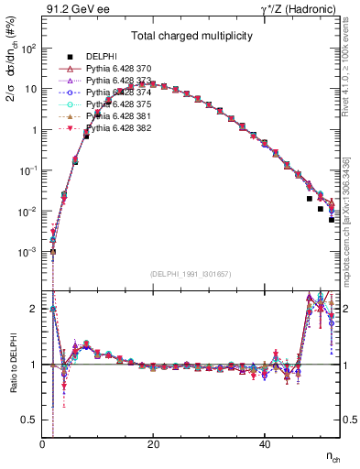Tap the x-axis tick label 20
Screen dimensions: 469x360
(153, 443)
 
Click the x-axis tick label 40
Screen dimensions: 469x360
(264, 443)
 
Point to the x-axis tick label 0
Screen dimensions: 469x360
(42, 443)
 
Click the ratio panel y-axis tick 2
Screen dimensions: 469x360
(35, 309)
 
